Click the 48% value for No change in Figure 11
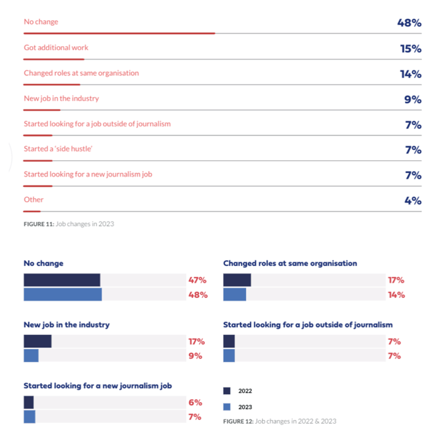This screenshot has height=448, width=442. coord(409,23)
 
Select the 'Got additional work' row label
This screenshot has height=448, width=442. coord(56,47)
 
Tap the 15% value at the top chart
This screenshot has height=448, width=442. coord(410,49)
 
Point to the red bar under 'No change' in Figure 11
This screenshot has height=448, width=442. coord(119,33)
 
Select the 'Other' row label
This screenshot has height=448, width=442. coord(33,200)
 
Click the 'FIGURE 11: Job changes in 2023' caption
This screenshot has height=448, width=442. coord(69,224)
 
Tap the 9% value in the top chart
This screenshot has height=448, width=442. coord(413,100)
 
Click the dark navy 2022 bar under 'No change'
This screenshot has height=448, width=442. coord(61,280)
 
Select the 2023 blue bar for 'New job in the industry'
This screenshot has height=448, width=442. coord(31,356)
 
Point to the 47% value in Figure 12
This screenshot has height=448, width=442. coord(197,280)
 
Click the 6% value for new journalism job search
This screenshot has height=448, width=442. coord(195,403)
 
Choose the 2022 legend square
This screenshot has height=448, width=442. coord(227,391)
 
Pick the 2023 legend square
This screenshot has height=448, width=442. coord(227,407)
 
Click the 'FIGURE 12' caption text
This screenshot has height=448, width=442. coord(280,421)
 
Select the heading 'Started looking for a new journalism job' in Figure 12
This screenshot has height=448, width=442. coord(98,385)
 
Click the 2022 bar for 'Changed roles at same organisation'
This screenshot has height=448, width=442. coord(237,280)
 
